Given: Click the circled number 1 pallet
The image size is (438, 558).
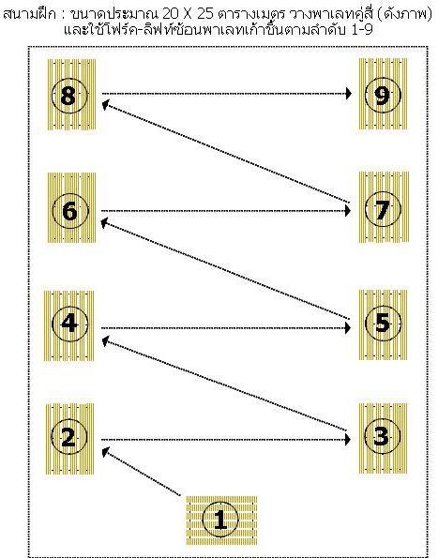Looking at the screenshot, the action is click(221, 520).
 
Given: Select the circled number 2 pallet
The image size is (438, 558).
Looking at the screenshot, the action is click(69, 439).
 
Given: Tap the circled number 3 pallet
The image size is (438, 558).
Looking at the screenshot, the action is click(383, 438).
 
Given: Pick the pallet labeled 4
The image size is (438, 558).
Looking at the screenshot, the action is click(69, 325).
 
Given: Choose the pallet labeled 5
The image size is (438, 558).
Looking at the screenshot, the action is click(383, 324).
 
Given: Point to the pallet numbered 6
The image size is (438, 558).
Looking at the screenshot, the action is click(71, 208).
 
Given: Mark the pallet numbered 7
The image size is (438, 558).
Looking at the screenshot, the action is click(384, 207).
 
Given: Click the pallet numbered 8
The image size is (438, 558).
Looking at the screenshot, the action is click(71, 95).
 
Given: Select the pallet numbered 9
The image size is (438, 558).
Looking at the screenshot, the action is click(383, 94).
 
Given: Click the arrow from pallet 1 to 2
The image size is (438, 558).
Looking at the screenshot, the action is click(142, 472).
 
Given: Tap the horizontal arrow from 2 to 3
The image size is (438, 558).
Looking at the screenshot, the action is click(226, 440).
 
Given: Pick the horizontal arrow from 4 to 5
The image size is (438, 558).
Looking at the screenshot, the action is click(226, 327).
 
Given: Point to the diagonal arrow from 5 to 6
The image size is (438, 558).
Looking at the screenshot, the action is click(225, 269).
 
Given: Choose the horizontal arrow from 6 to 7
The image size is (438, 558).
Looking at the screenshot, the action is click(226, 211).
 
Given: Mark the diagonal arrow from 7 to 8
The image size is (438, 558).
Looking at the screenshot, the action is click(226, 152).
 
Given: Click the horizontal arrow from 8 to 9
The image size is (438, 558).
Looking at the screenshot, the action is click(227, 94).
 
